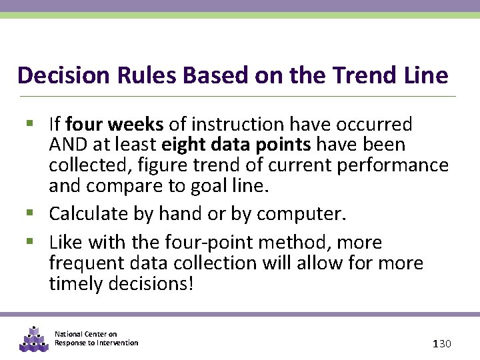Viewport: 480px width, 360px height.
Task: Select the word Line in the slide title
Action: (x=424, y=75)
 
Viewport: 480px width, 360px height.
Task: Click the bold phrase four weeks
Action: (x=115, y=125)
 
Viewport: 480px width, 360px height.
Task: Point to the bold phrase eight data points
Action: (x=237, y=145)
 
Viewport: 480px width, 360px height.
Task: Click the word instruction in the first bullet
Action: (x=244, y=125)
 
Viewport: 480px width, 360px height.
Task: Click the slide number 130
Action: (x=442, y=343)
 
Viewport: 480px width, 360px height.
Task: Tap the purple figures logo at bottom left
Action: (x=33, y=338)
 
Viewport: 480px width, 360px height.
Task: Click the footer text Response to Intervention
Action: (x=97, y=343)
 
